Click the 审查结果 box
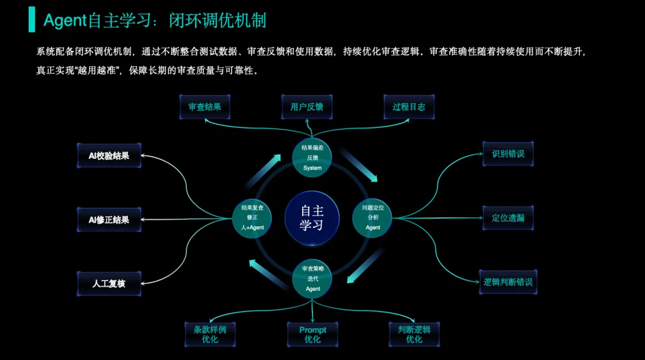(x=205, y=107)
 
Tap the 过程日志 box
(x=409, y=107)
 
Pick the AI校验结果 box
(x=109, y=155)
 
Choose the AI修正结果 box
(x=109, y=220)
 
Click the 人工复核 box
(x=109, y=284)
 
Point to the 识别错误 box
(x=508, y=153)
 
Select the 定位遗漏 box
(x=508, y=218)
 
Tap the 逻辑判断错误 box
(x=508, y=282)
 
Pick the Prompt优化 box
(x=312, y=334)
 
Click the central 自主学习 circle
(x=312, y=218)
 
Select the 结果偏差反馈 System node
(x=312, y=158)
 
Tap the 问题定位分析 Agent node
(x=373, y=217)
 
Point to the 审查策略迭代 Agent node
(x=312, y=279)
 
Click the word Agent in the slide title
(x=65, y=21)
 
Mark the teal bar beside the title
(x=32, y=20)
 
